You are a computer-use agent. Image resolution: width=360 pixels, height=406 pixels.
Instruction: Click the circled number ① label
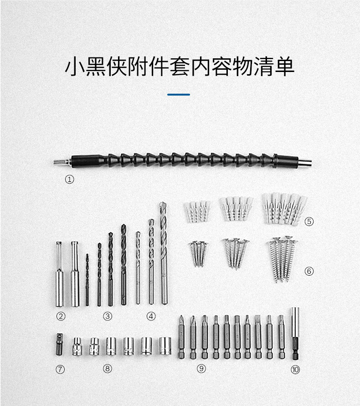click(x=69, y=180)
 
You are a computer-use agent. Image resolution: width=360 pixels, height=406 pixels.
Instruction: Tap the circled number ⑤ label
click(x=309, y=221)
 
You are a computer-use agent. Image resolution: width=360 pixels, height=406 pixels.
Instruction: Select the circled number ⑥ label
click(x=309, y=271)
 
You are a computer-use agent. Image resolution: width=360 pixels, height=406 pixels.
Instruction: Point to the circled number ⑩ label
click(x=295, y=370)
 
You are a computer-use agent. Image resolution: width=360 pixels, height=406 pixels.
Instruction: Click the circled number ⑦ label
click(x=60, y=370)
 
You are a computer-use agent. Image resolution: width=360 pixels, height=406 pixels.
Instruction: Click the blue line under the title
click(x=179, y=94)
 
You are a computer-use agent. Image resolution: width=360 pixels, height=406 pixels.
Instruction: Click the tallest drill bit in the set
click(x=163, y=253)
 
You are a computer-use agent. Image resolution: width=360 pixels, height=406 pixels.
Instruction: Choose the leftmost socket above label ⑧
click(x=77, y=346)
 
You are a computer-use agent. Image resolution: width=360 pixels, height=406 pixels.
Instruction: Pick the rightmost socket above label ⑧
click(x=165, y=346)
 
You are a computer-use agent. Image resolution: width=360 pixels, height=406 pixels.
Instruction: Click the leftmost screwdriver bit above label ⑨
click(x=181, y=337)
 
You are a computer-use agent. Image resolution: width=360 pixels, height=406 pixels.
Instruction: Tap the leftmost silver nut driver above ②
click(x=59, y=273)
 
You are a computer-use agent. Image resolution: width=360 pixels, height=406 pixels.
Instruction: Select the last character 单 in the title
click(x=283, y=67)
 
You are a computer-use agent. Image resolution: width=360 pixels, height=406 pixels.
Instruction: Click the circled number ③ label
click(x=108, y=316)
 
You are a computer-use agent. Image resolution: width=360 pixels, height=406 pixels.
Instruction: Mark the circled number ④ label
click(x=151, y=316)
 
